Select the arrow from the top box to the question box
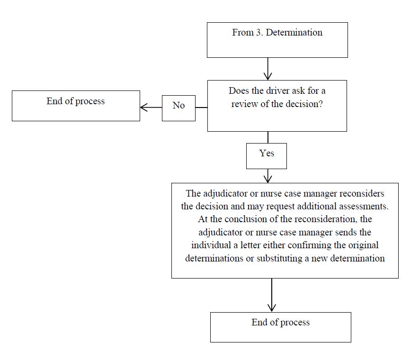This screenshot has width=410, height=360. click(268, 69)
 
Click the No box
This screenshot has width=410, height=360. click(178, 108)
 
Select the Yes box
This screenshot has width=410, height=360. click(267, 155)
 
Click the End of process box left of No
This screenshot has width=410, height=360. click(76, 106)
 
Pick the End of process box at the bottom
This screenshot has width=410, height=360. click(281, 327)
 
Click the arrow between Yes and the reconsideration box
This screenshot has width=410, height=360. click(268, 176)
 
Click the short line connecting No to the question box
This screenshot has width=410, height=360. click(201, 108)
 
